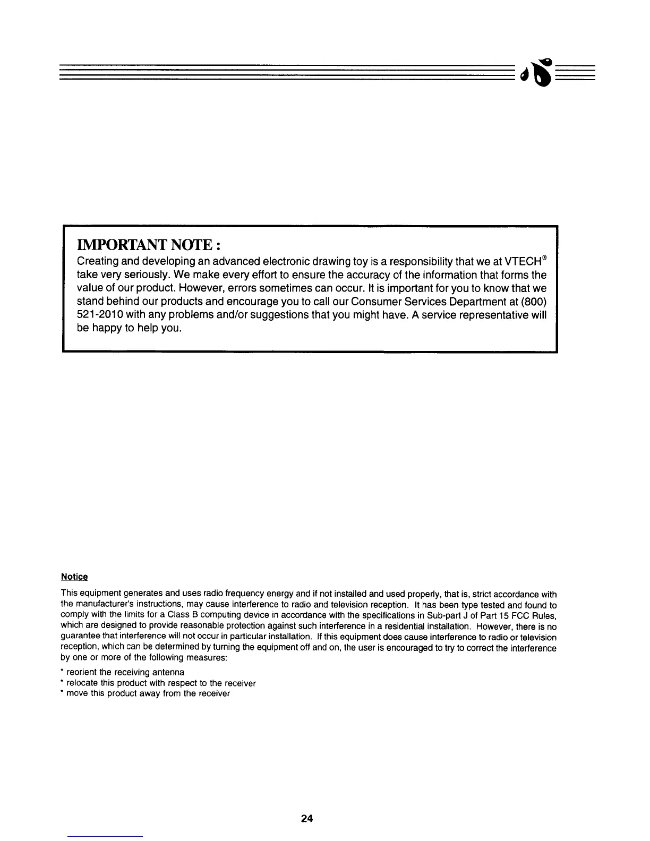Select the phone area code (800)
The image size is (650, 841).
tap(534, 302)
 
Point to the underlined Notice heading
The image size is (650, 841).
tap(74, 577)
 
